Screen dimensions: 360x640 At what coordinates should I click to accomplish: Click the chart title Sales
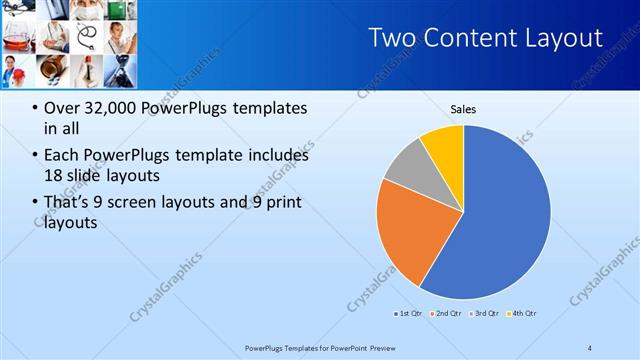tap(463, 109)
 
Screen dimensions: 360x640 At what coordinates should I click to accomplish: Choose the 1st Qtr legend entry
tap(409, 313)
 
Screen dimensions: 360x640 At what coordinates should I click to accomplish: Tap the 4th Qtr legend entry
tap(521, 313)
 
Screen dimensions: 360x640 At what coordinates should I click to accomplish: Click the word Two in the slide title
tap(391, 39)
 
